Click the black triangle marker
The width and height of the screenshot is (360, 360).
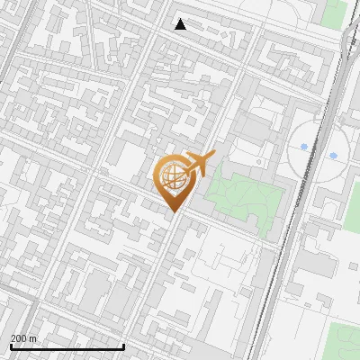coord(180,24)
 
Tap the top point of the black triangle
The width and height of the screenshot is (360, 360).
coord(180,19)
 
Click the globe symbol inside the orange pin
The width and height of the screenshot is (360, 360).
coord(174,175)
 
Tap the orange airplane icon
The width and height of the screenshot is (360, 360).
coord(199,164)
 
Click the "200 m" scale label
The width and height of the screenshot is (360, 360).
coord(23,338)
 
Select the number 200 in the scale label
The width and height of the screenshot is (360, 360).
coord(19,338)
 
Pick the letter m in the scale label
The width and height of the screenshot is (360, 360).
coord(33,338)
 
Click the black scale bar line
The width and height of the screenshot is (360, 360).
coord(67,346)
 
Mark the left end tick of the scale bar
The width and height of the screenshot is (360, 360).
coord(11,345)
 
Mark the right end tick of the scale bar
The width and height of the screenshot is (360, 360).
coord(123,345)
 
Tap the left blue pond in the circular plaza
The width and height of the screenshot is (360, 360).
coord(304,145)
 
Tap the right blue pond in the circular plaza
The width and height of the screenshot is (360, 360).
coord(333,156)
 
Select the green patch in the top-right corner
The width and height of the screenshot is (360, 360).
coord(335,12)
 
